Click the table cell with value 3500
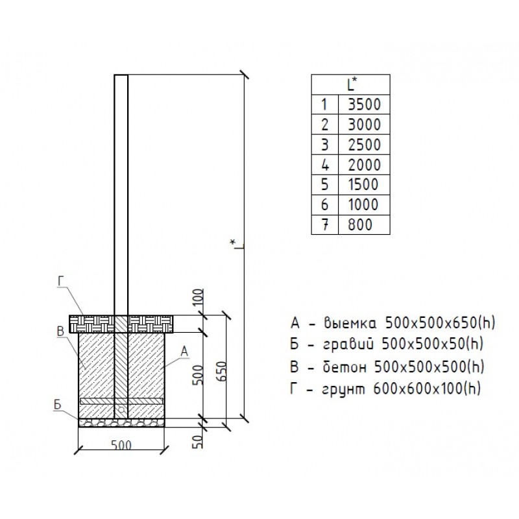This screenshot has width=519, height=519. (364, 104)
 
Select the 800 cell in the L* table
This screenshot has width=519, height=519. (364, 224)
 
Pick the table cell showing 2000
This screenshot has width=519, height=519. (364, 165)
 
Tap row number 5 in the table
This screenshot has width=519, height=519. (325, 184)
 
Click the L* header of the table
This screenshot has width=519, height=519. (351, 85)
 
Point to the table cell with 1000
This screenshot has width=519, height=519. (364, 204)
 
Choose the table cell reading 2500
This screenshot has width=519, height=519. (364, 145)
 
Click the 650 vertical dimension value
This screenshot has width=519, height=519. (222, 371)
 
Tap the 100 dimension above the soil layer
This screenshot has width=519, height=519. (198, 298)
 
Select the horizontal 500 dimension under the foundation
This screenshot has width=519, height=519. (121, 446)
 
